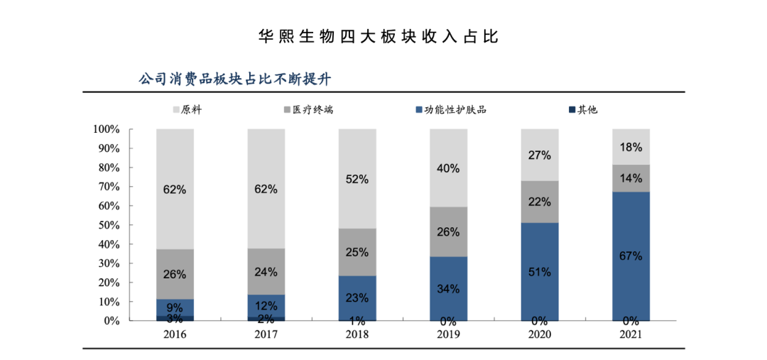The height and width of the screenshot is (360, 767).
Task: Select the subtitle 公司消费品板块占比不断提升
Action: click(235, 79)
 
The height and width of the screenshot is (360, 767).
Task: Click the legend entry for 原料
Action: click(187, 110)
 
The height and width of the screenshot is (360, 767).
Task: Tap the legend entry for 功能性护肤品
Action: click(450, 110)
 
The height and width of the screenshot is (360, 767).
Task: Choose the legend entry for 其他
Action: click(582, 110)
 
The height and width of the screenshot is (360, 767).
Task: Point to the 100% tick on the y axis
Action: click(106, 130)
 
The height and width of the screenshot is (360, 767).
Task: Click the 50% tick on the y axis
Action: click(109, 225)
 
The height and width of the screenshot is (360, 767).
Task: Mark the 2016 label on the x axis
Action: click(175, 334)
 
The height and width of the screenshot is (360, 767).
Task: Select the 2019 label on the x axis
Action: click(448, 334)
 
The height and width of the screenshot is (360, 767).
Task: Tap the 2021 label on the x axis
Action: click(631, 334)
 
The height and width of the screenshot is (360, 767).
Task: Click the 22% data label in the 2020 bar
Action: click(540, 202)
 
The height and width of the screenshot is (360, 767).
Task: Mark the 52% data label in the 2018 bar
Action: click(357, 180)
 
